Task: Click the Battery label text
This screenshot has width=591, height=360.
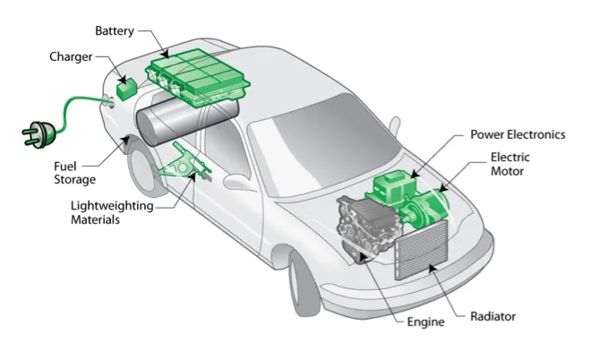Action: point(114,31)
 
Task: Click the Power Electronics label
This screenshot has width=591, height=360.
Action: point(518,134)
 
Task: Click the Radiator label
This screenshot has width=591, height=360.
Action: point(492,316)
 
